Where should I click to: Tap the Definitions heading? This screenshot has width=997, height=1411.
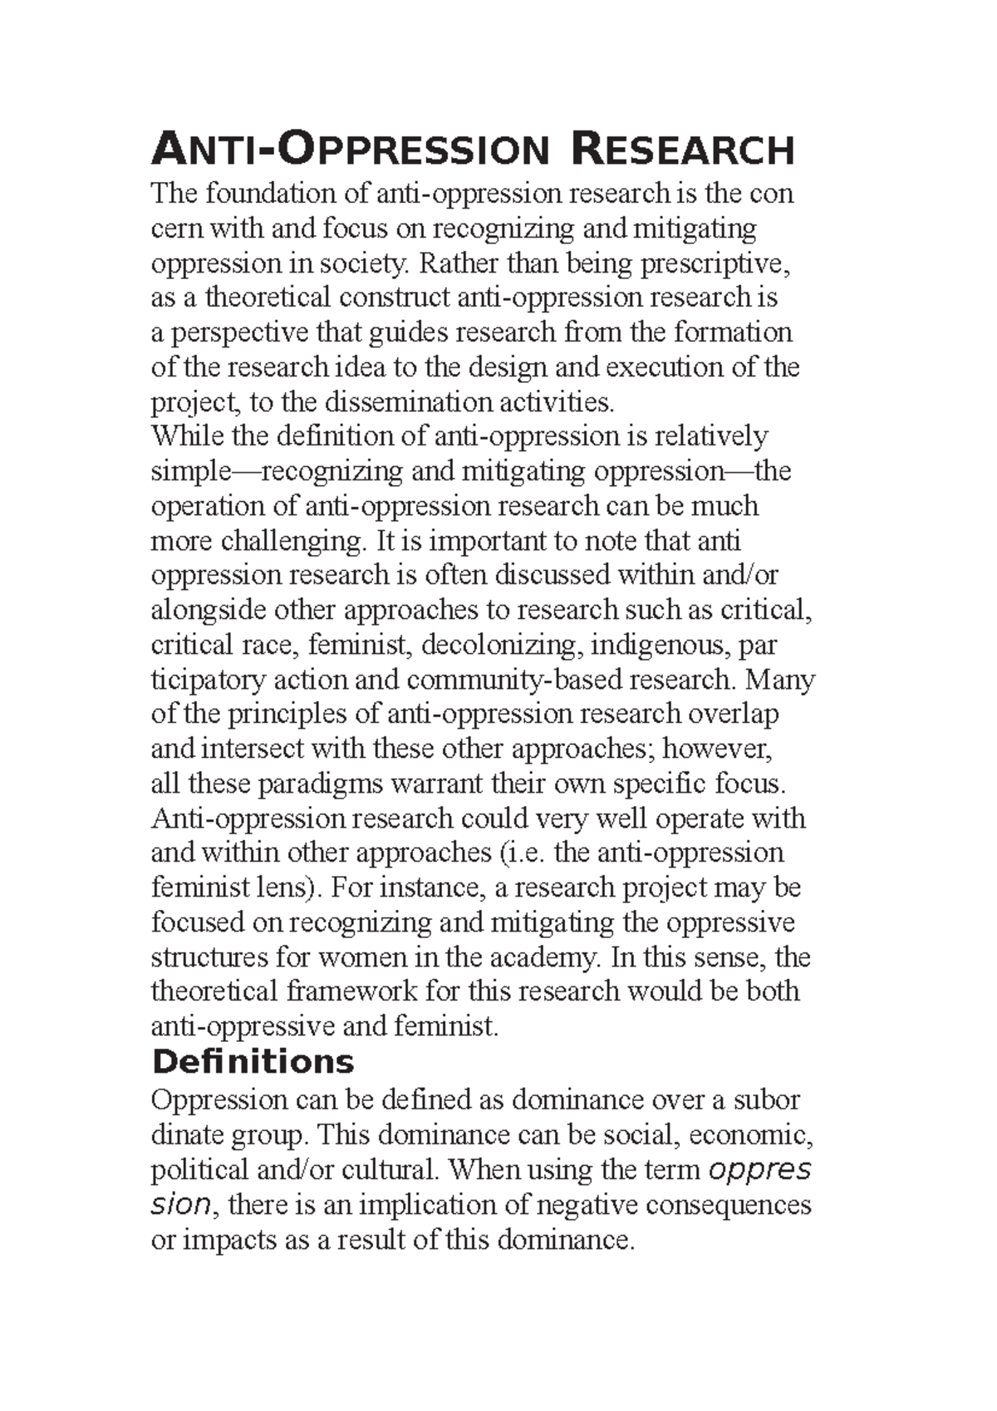pyautogui.click(x=253, y=1062)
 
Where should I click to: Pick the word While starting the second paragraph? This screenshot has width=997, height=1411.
pyautogui.click(x=187, y=436)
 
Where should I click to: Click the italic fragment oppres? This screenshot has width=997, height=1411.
pyautogui.click(x=759, y=1170)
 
